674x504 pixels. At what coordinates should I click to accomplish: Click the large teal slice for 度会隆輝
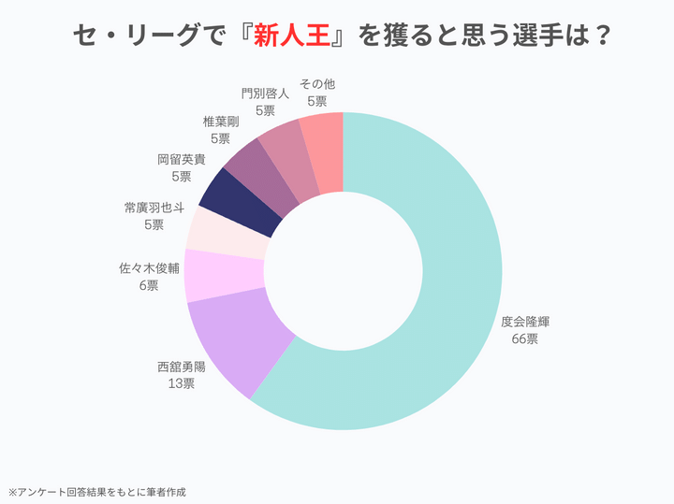coord(440,281)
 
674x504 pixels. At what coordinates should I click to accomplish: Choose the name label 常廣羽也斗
coord(154,208)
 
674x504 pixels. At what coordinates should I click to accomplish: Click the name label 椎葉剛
coord(220,122)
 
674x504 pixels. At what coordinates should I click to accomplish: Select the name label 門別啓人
coord(264,94)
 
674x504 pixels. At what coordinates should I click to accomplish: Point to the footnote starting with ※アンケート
coord(97,491)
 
